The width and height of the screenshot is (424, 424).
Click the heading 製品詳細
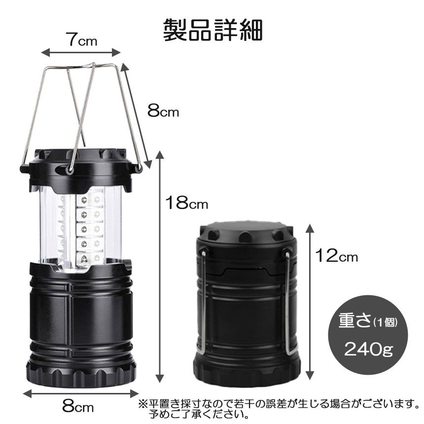tap(213, 30)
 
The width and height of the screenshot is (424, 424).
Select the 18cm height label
tap(186, 203)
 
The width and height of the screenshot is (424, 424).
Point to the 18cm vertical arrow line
tap(159, 266)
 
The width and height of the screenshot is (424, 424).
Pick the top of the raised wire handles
tap(81, 67)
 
